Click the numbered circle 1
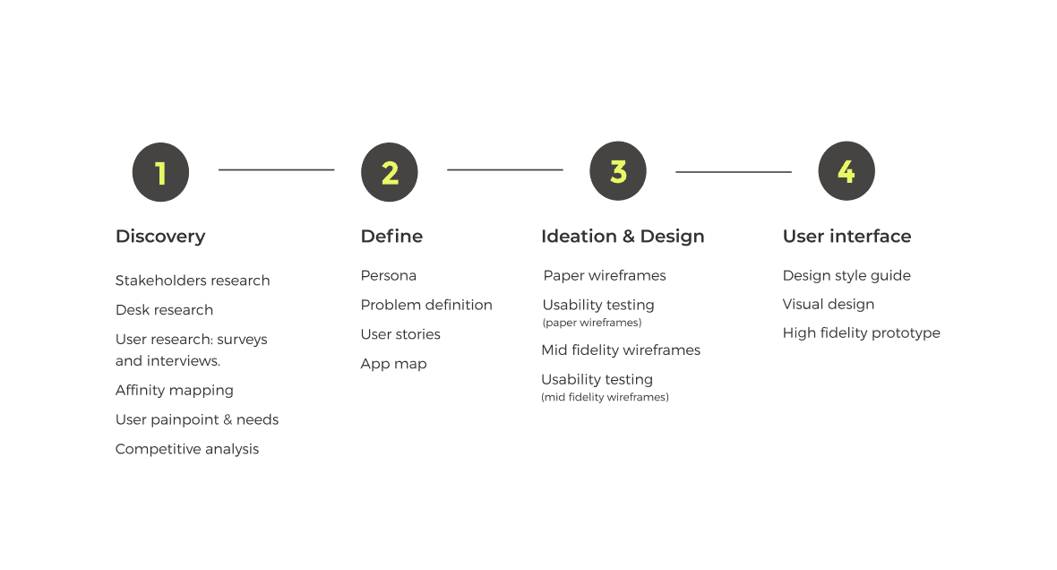[x=160, y=172]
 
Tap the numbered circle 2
[x=390, y=172]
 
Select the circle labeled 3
[x=618, y=171]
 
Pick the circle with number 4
[x=846, y=171]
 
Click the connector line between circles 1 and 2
[x=276, y=169]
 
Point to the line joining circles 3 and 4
[x=733, y=171]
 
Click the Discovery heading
[x=160, y=237]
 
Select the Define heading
[x=391, y=237]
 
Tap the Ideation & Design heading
[x=623, y=237]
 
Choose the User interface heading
[x=846, y=237]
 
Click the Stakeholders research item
[x=193, y=281]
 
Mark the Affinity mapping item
[x=175, y=391]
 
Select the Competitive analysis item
[x=187, y=449]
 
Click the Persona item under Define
[x=389, y=275]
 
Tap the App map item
[x=393, y=364]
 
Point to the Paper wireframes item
[x=605, y=275]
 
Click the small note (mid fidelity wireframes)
[x=605, y=397]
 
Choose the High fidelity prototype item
[x=862, y=333]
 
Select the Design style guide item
[x=846, y=275]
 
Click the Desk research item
[x=164, y=310]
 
